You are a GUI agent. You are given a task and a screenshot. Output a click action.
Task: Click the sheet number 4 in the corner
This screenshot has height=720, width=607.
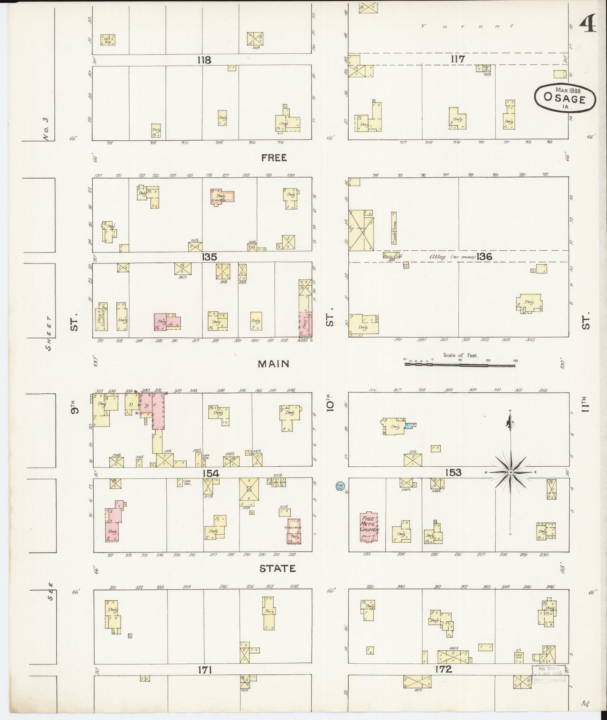588,26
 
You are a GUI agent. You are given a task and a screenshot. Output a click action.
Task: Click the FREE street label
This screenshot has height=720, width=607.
274,158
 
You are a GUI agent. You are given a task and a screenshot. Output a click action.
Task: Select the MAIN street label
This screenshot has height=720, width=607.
274,363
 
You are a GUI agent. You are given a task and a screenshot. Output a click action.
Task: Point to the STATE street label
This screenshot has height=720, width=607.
277,568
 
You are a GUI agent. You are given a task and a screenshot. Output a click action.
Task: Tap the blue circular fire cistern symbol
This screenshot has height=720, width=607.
340,486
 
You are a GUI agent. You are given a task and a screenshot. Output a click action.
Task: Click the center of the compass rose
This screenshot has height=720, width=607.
510,473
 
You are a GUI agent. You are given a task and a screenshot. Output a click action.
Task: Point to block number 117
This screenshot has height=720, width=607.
457,59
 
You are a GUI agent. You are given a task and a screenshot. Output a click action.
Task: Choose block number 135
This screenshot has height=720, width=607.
209,257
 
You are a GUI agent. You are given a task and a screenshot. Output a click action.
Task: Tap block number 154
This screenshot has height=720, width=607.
210,473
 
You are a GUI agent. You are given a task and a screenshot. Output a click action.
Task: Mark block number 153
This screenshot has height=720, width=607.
453,473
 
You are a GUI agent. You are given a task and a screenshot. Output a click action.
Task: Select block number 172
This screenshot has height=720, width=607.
444,670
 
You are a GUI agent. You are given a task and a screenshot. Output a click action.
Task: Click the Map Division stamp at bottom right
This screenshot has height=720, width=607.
548,675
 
